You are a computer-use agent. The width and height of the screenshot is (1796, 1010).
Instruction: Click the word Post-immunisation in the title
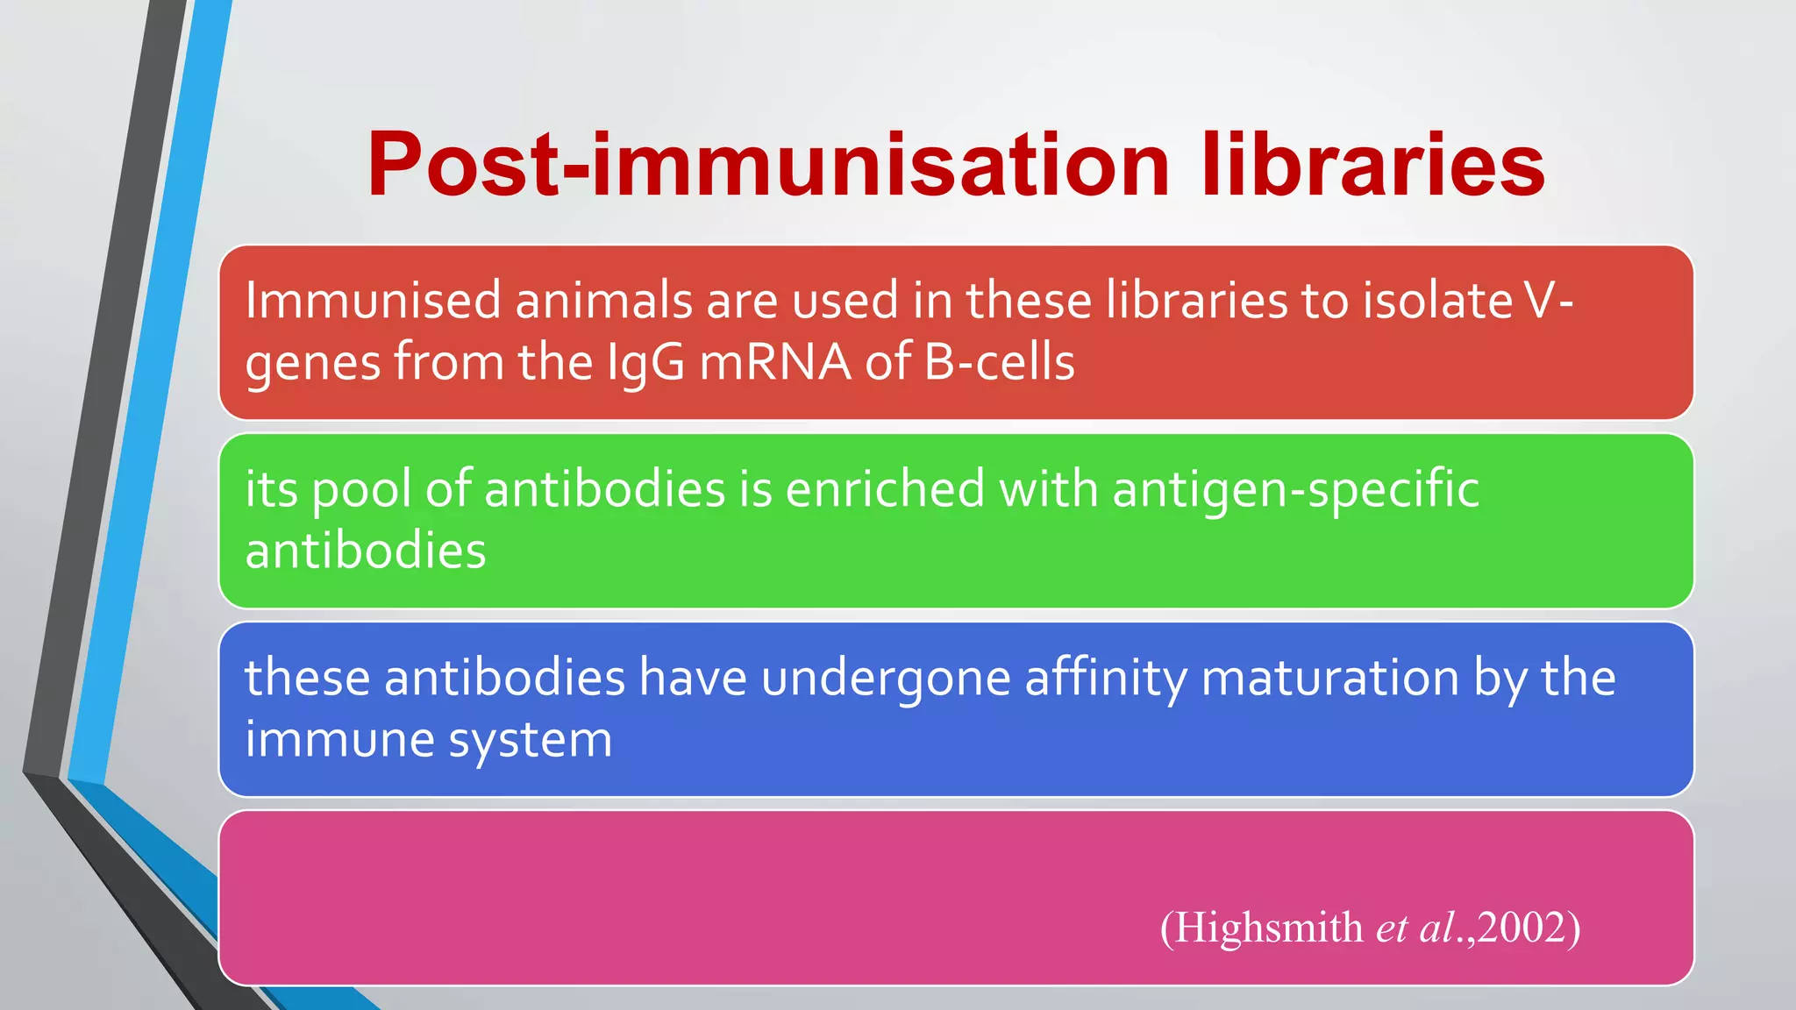point(768,165)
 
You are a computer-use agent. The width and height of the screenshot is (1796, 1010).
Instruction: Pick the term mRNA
point(774,362)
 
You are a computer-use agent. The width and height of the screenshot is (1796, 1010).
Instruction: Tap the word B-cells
point(999,362)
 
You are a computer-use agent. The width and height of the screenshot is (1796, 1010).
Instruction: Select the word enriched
point(884,489)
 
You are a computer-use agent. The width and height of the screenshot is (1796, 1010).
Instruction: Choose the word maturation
point(1329,678)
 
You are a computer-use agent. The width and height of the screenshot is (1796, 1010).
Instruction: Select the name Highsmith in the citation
point(1268,928)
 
